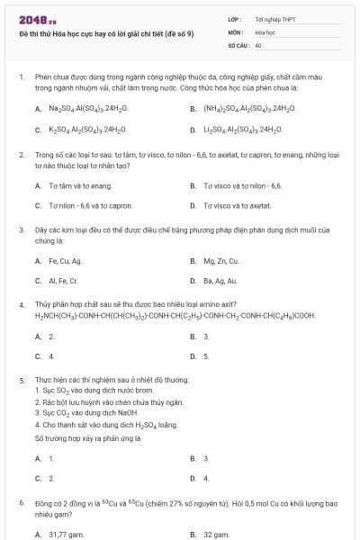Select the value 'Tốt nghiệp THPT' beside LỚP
pos(275,18)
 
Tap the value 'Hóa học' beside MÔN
pos(265,31)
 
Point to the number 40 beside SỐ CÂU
pos(258,43)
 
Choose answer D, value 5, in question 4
pos(206,356)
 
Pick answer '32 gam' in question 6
pos(216,535)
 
